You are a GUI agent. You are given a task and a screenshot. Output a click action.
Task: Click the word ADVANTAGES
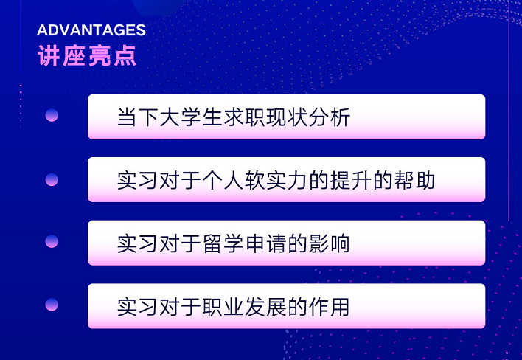[x=91, y=30]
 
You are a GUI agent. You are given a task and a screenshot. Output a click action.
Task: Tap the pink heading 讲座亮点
[x=87, y=55]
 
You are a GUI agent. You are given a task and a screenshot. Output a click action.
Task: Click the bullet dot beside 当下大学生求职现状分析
[x=52, y=115]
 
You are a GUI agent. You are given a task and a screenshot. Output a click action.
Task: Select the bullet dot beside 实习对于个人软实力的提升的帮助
[x=52, y=179]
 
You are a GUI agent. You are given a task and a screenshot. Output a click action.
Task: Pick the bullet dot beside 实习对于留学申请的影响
[x=52, y=241]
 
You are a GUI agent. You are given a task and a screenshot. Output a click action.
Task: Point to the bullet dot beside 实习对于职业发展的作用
[x=52, y=305]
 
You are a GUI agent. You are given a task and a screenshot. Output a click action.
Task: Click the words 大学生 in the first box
[x=191, y=117]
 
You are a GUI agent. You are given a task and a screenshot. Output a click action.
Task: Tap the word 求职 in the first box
[x=244, y=117]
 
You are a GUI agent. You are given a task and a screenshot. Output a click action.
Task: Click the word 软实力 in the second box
[x=276, y=180]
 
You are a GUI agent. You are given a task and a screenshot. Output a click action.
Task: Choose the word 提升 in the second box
[x=350, y=180]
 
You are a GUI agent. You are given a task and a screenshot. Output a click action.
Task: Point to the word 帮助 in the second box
[x=414, y=180]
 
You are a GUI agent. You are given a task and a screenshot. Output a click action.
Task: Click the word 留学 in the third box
[x=223, y=243]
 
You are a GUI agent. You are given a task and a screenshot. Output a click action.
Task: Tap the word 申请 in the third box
[x=265, y=243]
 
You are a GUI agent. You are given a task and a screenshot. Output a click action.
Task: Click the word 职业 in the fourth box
[x=223, y=306]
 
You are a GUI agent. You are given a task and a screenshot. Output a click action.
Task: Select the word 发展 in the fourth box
[x=265, y=306]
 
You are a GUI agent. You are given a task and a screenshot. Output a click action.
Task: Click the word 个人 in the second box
[x=223, y=180]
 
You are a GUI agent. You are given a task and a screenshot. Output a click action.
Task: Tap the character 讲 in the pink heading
[x=49, y=55]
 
